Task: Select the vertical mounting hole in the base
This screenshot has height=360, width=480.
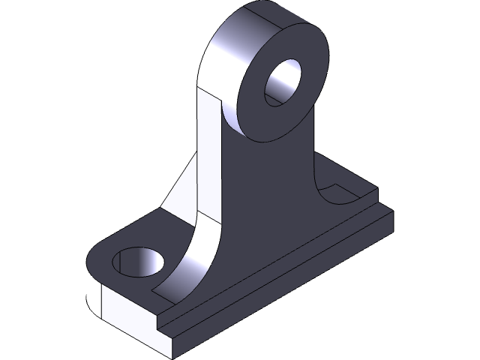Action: [x=138, y=263]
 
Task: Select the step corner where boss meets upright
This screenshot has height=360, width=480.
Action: [x=218, y=97]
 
